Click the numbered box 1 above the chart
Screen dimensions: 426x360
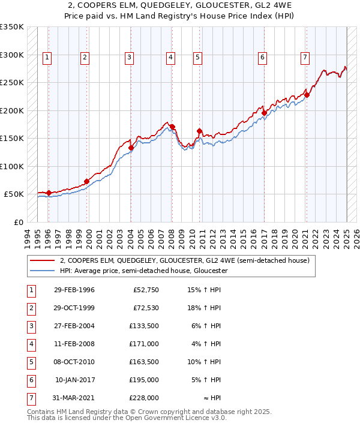click(47, 58)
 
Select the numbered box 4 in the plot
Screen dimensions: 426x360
click(170, 58)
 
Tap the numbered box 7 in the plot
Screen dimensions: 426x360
click(305, 58)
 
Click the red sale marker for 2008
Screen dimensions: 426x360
click(172, 127)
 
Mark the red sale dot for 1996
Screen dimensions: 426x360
click(49, 193)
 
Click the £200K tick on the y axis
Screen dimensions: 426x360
click(11, 110)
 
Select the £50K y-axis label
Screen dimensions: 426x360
click(14, 194)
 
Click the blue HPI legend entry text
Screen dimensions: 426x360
click(143, 271)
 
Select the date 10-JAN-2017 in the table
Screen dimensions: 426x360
click(74, 380)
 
